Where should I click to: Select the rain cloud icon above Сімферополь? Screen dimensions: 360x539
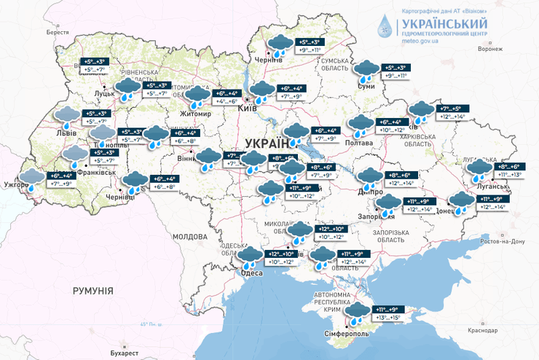(357, 313)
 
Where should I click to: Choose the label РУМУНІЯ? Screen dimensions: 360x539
(93, 291)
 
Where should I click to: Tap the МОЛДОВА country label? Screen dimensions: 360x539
(190, 237)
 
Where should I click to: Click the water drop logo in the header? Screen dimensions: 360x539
(384, 26)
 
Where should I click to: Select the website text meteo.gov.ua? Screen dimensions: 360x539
(420, 42)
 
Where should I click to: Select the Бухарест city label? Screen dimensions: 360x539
(104, 353)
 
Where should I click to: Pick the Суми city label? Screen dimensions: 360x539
(366, 87)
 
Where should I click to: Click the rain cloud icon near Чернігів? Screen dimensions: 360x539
(278, 45)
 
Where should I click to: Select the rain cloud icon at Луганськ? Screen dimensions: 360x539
(479, 171)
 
